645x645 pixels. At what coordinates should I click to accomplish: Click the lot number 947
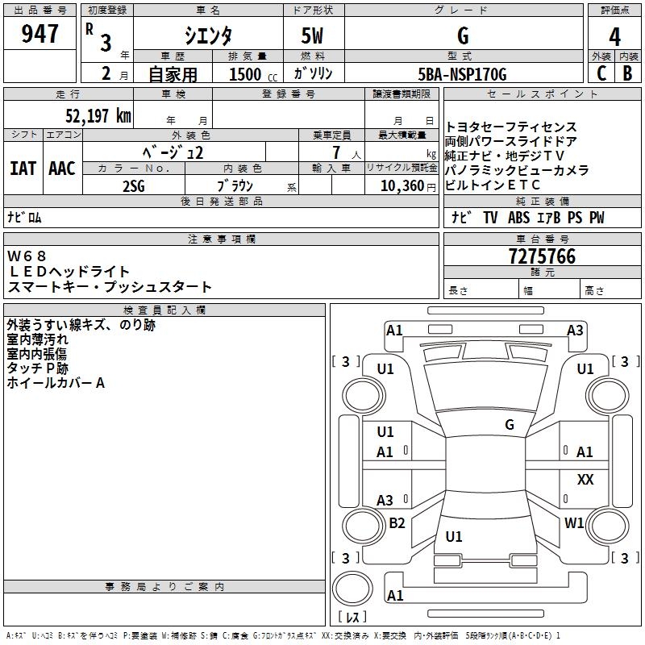[x=40, y=34]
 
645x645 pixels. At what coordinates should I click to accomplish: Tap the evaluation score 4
[x=614, y=36]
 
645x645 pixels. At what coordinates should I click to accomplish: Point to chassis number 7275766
[x=542, y=257]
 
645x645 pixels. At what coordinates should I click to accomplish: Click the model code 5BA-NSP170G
[x=463, y=74]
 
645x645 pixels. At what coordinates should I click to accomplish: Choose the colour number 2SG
[x=134, y=185]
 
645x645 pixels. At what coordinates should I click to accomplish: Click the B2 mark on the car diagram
[x=397, y=523]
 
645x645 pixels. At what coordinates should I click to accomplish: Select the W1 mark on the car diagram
[x=574, y=523]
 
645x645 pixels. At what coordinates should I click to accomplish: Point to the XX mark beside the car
[x=585, y=480]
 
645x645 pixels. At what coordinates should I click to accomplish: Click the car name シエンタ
[x=209, y=35]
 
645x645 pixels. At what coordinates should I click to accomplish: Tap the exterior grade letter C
[x=601, y=73]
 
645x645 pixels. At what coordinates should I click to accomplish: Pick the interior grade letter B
[x=627, y=73]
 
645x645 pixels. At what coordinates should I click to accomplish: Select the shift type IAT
[x=23, y=169]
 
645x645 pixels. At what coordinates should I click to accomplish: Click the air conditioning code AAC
[x=61, y=169]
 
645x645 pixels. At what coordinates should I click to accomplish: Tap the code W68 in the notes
[x=28, y=256]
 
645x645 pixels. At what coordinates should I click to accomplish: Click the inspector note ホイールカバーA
[x=56, y=384]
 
